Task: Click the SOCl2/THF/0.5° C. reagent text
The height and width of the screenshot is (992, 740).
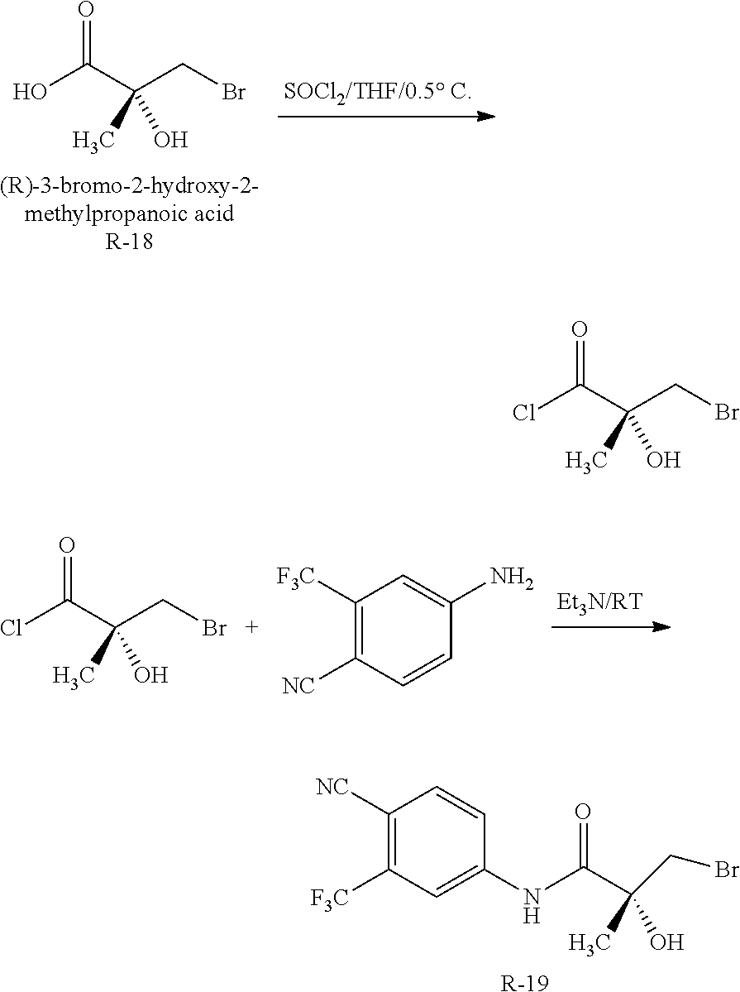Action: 378,92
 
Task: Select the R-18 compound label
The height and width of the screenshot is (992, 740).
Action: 131,245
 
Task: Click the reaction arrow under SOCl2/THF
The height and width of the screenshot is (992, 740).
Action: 386,117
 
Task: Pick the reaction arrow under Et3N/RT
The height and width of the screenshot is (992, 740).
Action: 610,626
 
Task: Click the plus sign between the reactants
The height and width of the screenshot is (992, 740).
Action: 251,628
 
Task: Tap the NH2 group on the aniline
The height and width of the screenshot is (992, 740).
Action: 513,575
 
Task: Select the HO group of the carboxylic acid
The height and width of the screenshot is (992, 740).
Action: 30,91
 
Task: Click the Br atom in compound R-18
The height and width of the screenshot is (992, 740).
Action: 232,91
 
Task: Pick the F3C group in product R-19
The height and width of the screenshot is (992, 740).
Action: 331,897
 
